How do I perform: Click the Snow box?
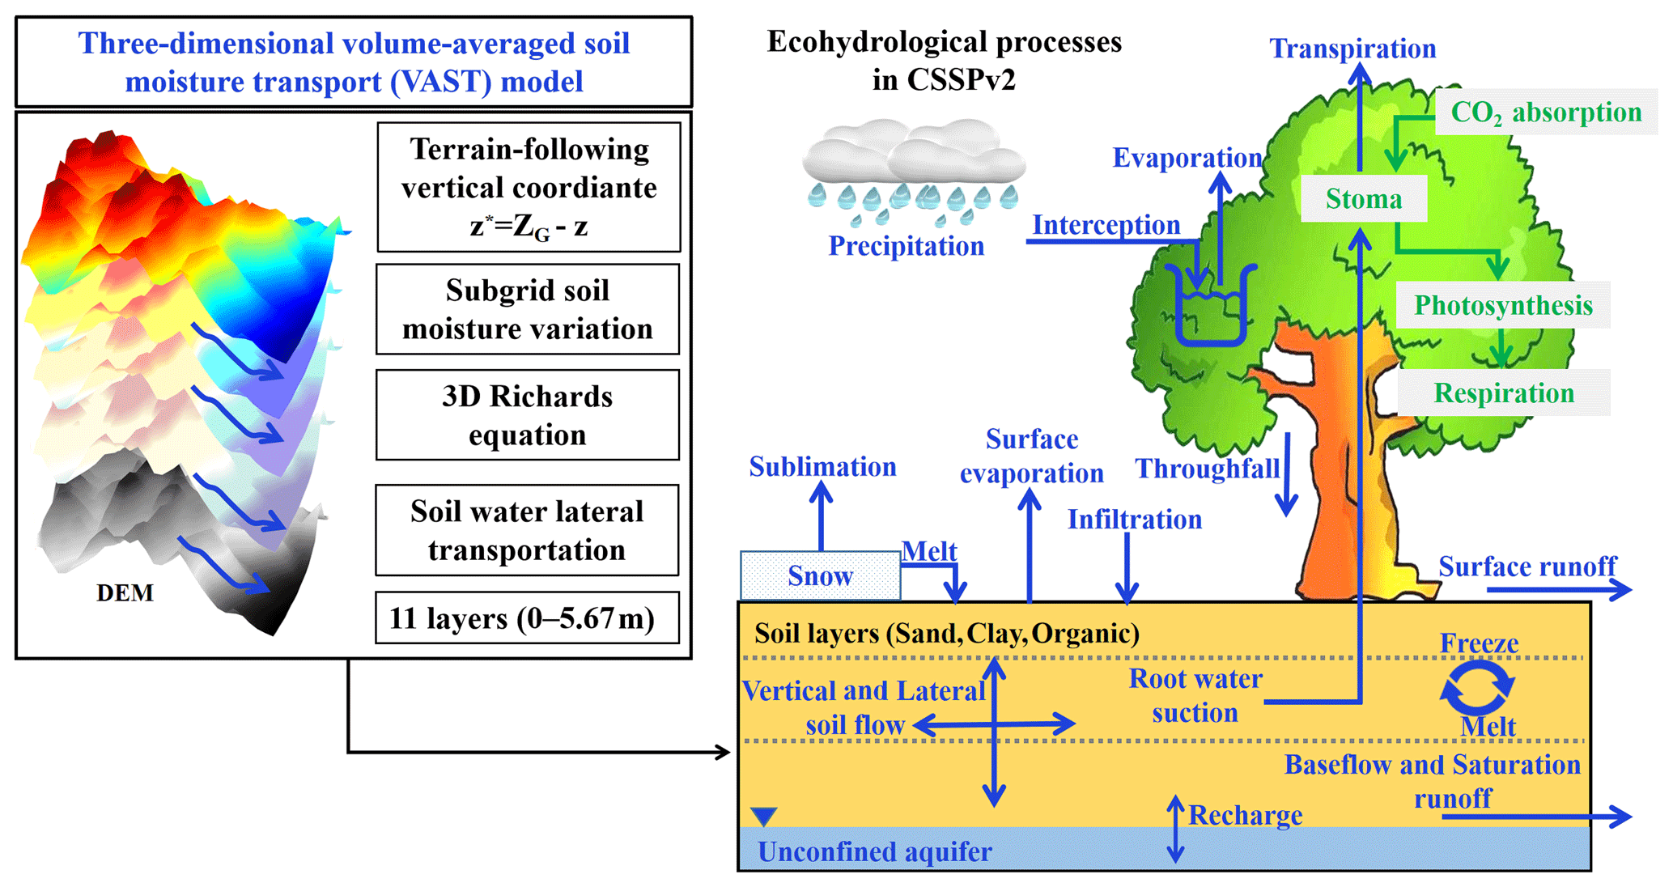(820, 576)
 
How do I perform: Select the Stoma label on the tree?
(1363, 199)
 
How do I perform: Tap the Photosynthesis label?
(1503, 305)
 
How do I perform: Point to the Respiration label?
(1504, 393)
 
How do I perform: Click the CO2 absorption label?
(1545, 112)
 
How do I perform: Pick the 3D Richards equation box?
(527, 415)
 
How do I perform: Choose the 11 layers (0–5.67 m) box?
(527, 618)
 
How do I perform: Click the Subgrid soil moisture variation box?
(527, 309)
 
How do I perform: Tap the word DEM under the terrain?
(125, 593)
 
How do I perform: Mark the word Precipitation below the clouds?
(906, 246)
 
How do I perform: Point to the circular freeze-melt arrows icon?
(1477, 689)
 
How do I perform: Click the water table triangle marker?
(763, 816)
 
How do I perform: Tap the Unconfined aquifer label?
(874, 851)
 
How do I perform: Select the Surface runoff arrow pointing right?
(1558, 590)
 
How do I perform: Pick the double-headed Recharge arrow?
(1175, 829)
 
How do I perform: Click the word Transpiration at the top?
(1352, 49)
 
